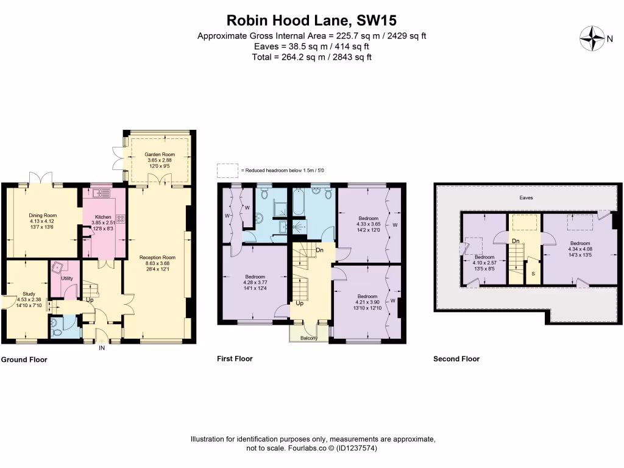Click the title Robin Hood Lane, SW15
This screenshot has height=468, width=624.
point(312,20)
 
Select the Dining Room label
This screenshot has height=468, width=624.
point(43,215)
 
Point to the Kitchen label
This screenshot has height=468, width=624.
point(104,216)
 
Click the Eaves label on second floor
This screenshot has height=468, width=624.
point(526,198)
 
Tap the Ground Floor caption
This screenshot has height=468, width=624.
point(24,360)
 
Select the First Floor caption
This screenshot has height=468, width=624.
point(235,359)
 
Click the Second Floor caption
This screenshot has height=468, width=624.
point(456,359)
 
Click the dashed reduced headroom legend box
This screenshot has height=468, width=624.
point(228,170)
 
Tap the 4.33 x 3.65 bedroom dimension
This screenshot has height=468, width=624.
point(367,224)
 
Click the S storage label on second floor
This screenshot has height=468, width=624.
point(533,274)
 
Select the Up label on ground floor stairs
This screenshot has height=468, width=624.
point(90,300)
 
